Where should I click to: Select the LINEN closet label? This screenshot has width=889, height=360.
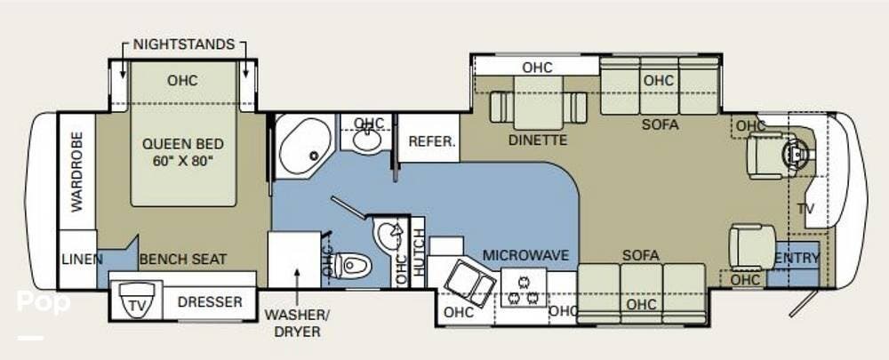click(82, 260)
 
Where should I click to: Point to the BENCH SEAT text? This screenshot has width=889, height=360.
click(182, 260)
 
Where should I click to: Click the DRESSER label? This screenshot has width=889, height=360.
click(210, 302)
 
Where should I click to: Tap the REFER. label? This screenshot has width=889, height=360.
click(432, 141)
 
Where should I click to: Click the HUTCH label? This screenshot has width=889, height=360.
click(419, 251)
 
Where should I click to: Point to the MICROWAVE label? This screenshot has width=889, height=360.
click(525, 255)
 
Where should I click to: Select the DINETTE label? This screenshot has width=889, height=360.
click(538, 140)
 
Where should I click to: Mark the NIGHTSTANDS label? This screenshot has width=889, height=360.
click(184, 44)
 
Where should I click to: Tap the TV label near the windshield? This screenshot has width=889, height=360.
click(805, 209)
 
